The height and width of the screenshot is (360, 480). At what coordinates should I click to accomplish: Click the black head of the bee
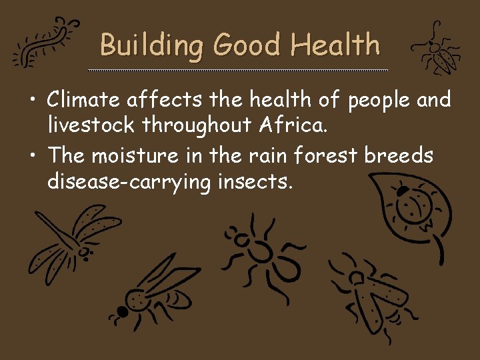[x=122, y=311]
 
